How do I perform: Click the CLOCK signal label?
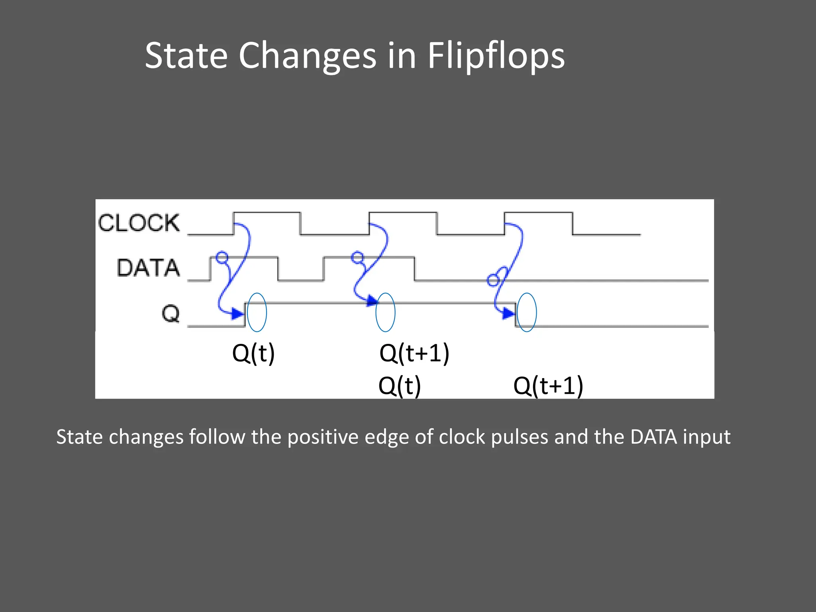[139, 223]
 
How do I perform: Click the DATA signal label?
[148, 267]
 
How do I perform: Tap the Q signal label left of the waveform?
[171, 314]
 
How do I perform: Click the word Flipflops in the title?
[496, 56]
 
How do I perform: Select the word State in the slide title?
[186, 56]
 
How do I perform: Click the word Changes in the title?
[308, 56]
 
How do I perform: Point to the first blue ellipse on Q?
[257, 312]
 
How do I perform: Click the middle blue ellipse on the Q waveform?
[385, 312]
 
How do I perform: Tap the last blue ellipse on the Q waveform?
[527, 312]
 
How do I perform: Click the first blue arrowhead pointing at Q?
[237, 314]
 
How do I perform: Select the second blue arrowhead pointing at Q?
[372, 300]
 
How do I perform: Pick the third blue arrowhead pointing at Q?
[508, 314]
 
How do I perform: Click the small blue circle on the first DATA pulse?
[222, 257]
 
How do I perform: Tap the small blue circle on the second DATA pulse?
[357, 257]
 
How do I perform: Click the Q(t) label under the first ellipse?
[253, 353]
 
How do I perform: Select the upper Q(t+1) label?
[414, 353]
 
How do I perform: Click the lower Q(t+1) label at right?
[548, 386]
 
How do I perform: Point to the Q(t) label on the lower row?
[400, 386]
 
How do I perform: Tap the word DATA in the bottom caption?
[653, 437]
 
